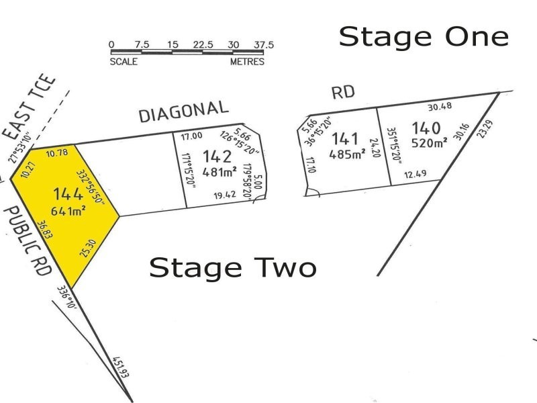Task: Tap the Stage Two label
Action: click(232, 267)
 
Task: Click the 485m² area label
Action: click(347, 154)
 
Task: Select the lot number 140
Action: click(426, 128)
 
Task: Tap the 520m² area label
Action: click(429, 142)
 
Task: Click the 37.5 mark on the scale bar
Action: click(263, 45)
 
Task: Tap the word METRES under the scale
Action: click(247, 62)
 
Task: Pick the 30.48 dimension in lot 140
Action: click(440, 106)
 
